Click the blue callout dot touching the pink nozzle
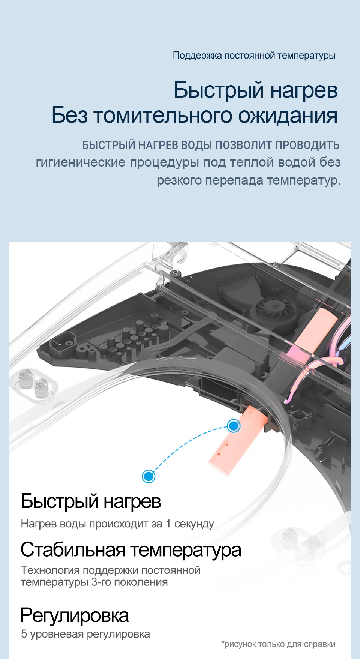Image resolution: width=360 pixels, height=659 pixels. (x=234, y=426)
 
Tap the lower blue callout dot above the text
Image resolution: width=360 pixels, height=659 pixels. (x=148, y=476)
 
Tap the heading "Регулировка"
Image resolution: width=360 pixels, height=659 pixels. (x=75, y=615)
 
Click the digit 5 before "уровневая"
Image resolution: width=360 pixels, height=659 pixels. (x=24, y=634)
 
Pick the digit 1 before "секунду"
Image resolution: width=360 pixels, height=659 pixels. (x=168, y=524)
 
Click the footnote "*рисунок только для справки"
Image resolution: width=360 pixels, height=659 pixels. (x=278, y=644)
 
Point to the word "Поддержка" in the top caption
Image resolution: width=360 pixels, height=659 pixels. (x=197, y=56)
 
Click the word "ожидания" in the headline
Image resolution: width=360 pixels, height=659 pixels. (x=288, y=115)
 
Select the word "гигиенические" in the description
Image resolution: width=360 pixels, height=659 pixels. (x=80, y=162)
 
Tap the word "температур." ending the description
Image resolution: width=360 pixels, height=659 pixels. (x=304, y=180)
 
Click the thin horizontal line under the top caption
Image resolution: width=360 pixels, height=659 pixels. (x=195, y=71)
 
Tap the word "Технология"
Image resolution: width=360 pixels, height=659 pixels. (x=50, y=570)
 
